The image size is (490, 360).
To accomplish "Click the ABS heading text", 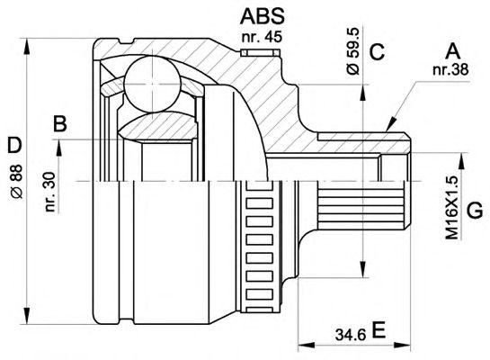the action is [x=263, y=16].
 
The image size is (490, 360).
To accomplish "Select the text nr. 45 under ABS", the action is [x=262, y=37].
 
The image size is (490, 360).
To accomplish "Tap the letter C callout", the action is [x=377, y=51].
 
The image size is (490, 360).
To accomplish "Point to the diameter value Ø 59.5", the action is [x=353, y=51].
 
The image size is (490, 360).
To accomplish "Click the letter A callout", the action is [x=453, y=51].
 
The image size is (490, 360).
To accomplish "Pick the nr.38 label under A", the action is [x=450, y=70].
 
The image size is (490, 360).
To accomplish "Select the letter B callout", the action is [x=60, y=123].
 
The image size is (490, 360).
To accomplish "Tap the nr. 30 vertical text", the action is [x=50, y=192].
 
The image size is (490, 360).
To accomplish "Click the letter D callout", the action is [x=14, y=145].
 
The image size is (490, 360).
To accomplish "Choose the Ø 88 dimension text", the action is [x=16, y=182].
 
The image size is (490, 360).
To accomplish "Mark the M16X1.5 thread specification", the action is [x=452, y=207].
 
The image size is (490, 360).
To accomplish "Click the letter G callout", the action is [x=475, y=210].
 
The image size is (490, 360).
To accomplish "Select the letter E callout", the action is [x=379, y=330].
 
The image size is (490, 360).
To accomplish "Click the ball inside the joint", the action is [x=153, y=84].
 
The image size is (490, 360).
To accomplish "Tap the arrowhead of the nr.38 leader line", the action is [x=390, y=124].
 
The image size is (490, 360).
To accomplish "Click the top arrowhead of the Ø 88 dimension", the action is [x=27, y=47].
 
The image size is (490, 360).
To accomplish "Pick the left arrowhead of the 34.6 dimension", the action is [x=307, y=346].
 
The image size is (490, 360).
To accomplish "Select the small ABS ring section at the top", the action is [x=260, y=52].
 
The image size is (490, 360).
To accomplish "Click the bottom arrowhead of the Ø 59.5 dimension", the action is [x=363, y=269].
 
